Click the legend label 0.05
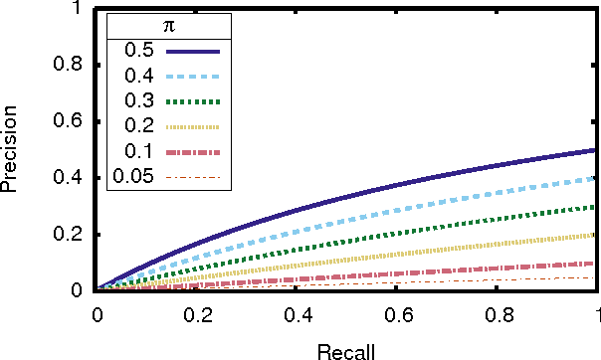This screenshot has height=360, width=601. tap(133, 178)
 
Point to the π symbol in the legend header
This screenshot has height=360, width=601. tap(169, 23)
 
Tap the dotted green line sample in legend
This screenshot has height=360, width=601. tap(193, 101)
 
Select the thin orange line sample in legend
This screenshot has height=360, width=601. tap(193, 179)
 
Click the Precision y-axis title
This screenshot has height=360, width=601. tap(12, 150)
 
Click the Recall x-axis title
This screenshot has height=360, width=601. tap(346, 350)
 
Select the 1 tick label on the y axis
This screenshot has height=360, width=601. tap(78, 9)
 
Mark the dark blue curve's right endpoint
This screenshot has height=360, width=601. tap(596, 150)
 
